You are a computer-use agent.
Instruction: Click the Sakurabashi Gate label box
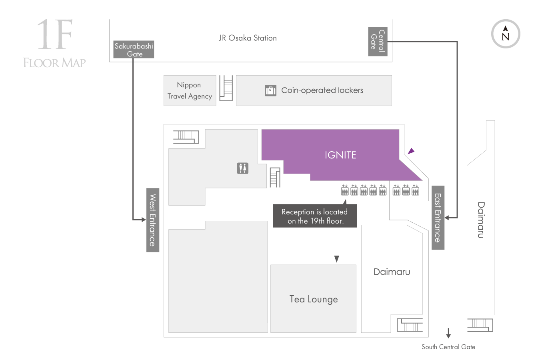click(x=134, y=49)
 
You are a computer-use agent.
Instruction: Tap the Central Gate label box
click(x=378, y=42)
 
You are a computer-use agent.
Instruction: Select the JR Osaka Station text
click(x=248, y=38)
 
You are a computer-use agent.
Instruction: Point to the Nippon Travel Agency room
click(x=190, y=90)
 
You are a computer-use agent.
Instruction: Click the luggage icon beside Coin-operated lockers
click(x=271, y=90)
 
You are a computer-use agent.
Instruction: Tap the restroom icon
click(x=243, y=168)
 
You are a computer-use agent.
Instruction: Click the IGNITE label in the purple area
click(x=340, y=155)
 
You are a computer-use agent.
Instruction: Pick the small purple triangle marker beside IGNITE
click(x=411, y=151)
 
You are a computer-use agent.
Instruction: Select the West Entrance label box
click(x=153, y=220)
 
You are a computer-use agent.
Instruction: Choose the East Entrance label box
click(x=438, y=218)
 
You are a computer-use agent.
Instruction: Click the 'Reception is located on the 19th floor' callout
click(x=315, y=216)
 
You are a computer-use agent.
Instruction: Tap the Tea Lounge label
click(x=314, y=299)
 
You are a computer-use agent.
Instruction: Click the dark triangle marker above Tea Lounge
click(x=337, y=258)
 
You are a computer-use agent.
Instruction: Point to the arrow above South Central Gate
click(x=448, y=333)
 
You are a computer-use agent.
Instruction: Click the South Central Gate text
click(x=448, y=347)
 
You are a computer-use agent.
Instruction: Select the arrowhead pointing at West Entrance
click(x=144, y=220)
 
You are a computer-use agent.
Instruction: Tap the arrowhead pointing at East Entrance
click(x=447, y=218)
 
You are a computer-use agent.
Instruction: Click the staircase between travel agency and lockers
click(x=226, y=88)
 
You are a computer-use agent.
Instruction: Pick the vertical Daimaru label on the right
click(x=481, y=220)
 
